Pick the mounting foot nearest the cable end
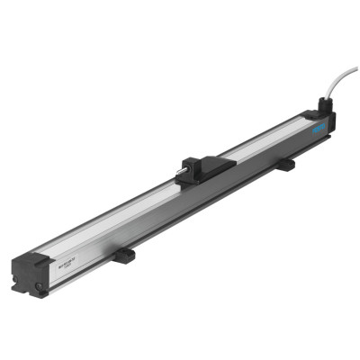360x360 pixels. pyautogui.click(x=285, y=166)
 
